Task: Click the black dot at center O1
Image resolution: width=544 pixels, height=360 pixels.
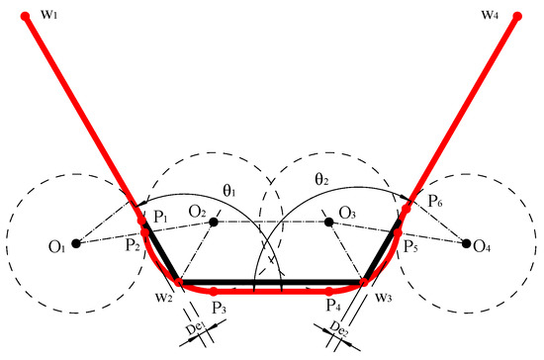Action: pyautogui.click(x=76, y=243)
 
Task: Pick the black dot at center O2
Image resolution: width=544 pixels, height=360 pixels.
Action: pyautogui.click(x=214, y=222)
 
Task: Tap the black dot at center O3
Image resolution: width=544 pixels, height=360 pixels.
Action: pyautogui.click(x=329, y=222)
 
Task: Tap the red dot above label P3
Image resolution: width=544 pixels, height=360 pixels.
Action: pyautogui.click(x=214, y=292)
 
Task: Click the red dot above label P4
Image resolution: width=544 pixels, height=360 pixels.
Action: pyautogui.click(x=329, y=292)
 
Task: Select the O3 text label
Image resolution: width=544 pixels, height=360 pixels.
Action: pyautogui.click(x=347, y=212)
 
